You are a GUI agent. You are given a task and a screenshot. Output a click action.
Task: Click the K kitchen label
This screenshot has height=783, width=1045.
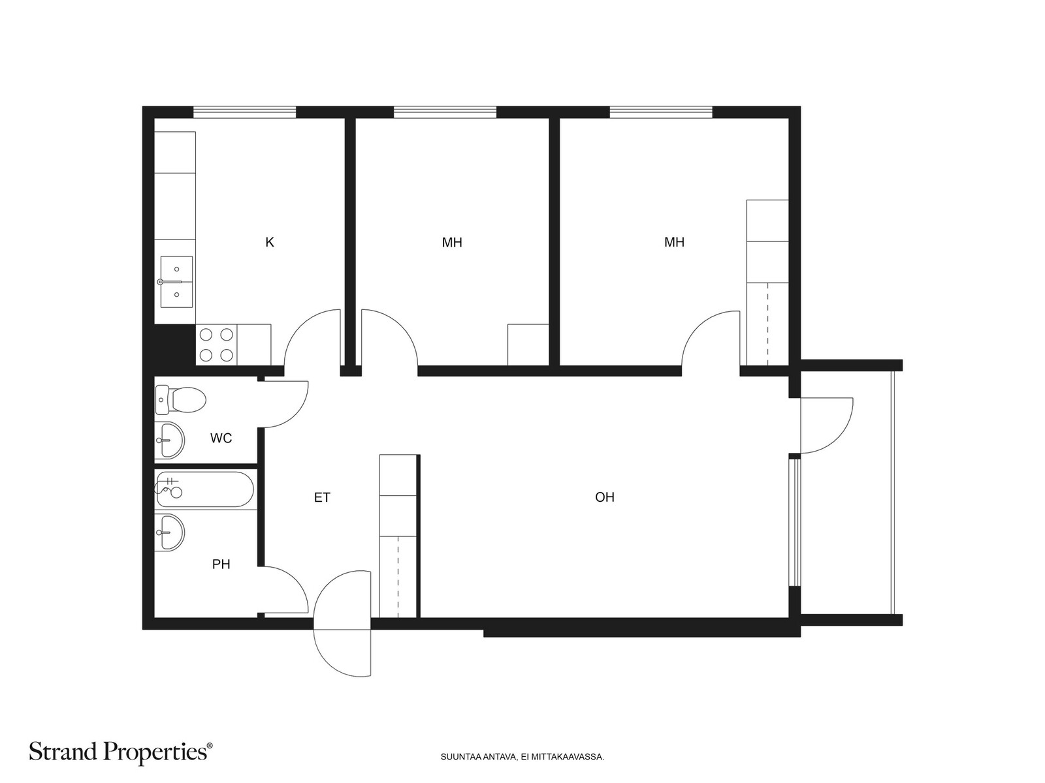(x=270, y=243)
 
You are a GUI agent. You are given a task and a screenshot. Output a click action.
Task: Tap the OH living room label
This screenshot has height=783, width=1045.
(x=605, y=497)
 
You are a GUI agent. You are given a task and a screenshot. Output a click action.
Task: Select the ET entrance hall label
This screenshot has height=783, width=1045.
(x=322, y=498)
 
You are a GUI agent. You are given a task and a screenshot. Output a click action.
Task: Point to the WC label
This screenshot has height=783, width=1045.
(x=221, y=438)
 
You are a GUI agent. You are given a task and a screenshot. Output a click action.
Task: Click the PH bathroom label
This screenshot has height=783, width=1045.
(x=221, y=564)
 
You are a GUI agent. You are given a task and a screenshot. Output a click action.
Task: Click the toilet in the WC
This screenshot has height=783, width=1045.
(x=180, y=399)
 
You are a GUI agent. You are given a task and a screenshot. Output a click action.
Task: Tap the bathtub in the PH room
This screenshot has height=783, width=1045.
(x=204, y=489)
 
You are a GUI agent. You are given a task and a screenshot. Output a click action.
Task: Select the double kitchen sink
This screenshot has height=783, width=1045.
(x=176, y=282)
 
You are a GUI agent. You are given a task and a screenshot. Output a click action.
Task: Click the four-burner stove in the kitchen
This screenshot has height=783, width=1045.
(x=216, y=345)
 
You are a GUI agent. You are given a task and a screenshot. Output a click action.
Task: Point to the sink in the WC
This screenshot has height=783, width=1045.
(x=169, y=440)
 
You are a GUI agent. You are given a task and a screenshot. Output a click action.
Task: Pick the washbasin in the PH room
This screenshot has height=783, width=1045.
(x=169, y=532)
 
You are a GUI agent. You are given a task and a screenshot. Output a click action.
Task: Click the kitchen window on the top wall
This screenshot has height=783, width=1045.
(x=244, y=112)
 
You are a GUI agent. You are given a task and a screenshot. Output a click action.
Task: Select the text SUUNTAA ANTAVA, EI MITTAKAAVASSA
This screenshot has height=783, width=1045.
(x=522, y=757)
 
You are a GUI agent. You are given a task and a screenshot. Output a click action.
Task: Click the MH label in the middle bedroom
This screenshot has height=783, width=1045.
(x=452, y=243)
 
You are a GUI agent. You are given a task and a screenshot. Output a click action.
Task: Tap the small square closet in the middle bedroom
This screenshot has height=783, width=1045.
(x=528, y=345)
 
